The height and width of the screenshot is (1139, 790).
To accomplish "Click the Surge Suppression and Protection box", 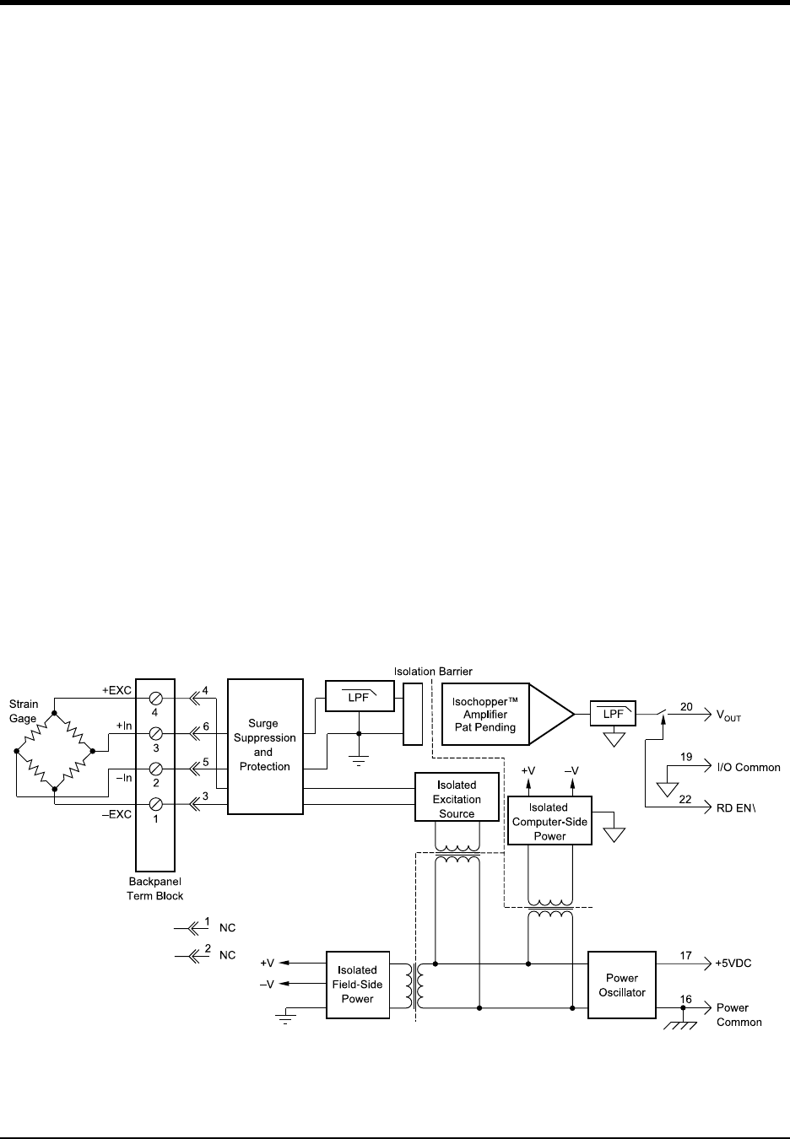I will [264, 745].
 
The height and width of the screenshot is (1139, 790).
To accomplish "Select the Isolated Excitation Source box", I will [457, 799].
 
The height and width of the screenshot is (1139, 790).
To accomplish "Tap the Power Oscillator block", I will [621, 985].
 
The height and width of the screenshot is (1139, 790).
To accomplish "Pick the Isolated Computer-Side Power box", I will [549, 822].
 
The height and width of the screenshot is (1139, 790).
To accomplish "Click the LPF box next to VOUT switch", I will [613, 713].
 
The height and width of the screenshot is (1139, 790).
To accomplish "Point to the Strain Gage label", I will [24, 711].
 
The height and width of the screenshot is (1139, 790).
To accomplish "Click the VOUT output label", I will [729, 716].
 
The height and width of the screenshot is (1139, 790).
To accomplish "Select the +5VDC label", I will [733, 963].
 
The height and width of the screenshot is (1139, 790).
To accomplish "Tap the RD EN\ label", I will [737, 807].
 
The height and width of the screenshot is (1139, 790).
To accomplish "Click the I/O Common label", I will [748, 768].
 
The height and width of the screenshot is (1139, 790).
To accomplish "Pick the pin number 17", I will [686, 956].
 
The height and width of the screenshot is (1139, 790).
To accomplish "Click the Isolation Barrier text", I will [433, 672].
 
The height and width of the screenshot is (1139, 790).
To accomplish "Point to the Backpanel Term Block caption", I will [154, 888].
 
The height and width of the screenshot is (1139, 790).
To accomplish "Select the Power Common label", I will [739, 1015].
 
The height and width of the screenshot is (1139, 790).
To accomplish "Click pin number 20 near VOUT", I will [686, 707].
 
